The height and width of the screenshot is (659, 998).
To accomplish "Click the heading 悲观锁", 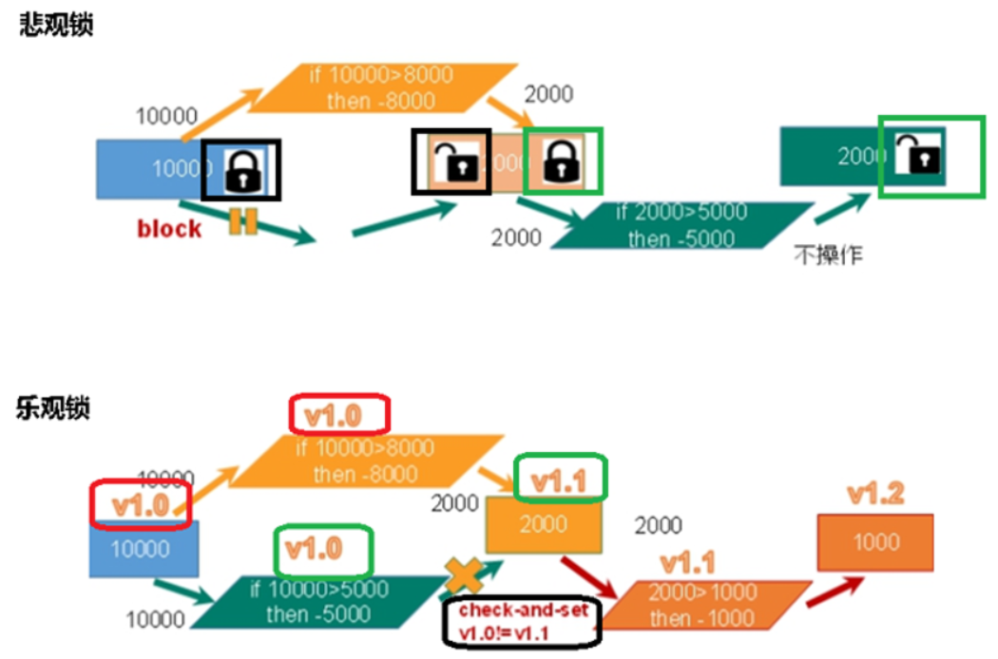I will (56, 26).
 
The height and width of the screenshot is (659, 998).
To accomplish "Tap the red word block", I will (169, 228).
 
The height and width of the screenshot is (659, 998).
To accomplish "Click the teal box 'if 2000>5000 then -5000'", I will (681, 225).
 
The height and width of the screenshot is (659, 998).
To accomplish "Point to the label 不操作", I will (828, 254).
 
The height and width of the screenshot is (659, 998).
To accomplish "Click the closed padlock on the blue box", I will (244, 170).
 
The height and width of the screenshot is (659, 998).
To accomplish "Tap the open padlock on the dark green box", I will (919, 155).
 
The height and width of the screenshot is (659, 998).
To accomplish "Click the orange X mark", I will (465, 575).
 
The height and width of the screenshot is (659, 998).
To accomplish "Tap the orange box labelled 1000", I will (875, 541).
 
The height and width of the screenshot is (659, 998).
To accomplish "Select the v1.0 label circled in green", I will (323, 548).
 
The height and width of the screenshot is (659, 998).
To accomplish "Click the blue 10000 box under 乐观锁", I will (144, 549).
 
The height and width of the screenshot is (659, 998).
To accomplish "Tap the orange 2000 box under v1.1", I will (543, 523).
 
